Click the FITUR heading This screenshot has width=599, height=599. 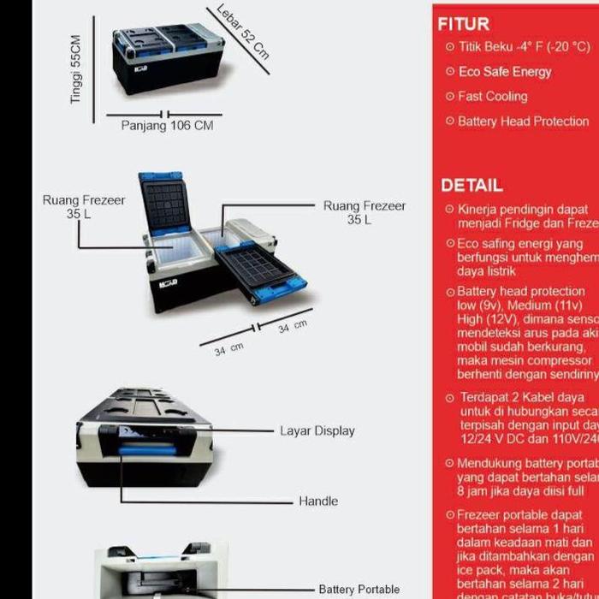point(464,24)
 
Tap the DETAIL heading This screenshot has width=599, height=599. point(471,185)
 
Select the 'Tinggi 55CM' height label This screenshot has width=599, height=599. point(76,70)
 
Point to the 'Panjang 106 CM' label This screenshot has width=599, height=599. point(167,126)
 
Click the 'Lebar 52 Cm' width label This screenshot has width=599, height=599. point(243,32)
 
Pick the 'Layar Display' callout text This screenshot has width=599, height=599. point(317,430)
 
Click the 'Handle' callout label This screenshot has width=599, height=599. point(318,501)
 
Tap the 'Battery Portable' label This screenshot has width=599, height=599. point(359,590)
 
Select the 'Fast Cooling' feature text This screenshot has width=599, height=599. point(493,97)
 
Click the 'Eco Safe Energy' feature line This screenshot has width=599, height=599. point(505,72)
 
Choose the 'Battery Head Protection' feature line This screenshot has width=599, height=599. point(523,122)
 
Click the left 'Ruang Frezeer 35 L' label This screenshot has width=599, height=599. point(84,207)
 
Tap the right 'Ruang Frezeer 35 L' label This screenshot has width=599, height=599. point(365,213)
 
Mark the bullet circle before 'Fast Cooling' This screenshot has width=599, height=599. point(450,97)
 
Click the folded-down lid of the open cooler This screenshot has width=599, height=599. point(261,269)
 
